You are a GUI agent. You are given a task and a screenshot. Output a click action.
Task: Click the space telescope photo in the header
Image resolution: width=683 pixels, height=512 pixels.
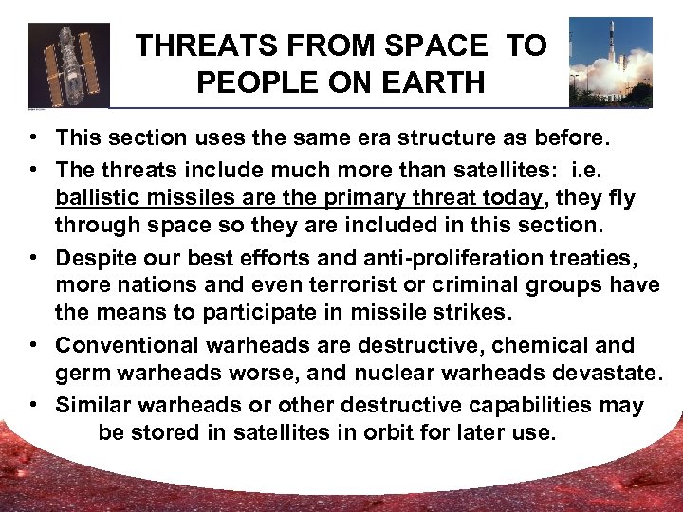pos(68,64)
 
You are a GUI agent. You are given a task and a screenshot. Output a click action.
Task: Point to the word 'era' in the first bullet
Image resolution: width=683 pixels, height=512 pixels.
pos(331,137)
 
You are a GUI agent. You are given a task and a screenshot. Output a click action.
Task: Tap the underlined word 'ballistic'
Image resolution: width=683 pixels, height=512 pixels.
pos(93,197)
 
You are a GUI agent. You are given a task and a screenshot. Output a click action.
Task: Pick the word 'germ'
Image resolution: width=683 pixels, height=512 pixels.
pos(80,374)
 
